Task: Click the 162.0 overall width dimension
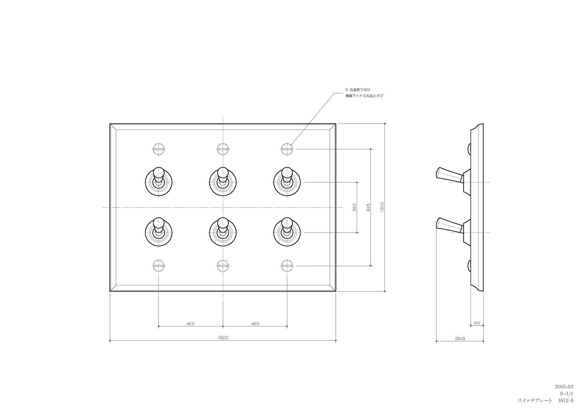(223, 338)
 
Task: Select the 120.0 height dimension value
(382, 207)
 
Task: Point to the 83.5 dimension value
(368, 207)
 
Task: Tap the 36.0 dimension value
(354, 207)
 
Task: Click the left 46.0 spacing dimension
(190, 324)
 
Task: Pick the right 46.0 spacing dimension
(255, 324)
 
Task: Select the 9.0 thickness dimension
(477, 323)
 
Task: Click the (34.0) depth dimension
(460, 339)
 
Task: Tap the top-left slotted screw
(159, 149)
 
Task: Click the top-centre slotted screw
(223, 149)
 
